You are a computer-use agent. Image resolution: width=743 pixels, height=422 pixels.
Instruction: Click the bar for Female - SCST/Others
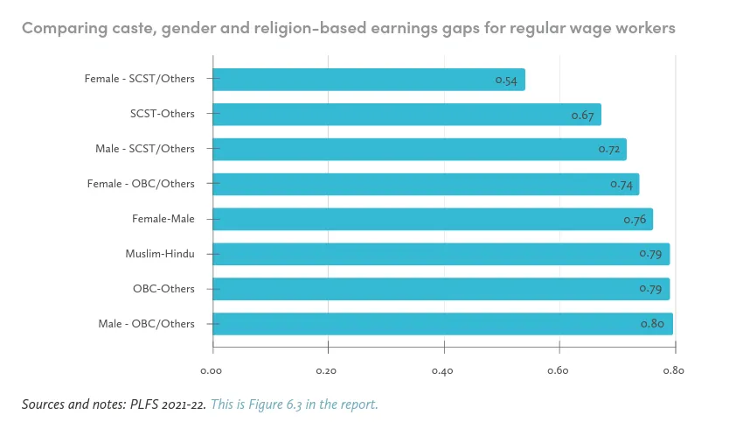pos(368,80)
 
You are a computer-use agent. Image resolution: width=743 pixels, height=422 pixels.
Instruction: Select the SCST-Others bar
pos(406,115)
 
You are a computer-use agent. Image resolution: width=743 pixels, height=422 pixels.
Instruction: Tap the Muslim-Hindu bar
pos(441,254)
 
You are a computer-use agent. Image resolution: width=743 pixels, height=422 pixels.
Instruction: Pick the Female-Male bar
pos(432,219)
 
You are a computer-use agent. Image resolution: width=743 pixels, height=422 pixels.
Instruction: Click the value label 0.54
pos(505,81)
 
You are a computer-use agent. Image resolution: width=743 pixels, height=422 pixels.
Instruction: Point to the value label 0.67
pos(582,116)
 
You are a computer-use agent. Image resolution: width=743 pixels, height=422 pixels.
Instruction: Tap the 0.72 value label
pos(609,150)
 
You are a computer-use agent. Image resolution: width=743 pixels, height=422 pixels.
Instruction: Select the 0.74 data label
pos(621,185)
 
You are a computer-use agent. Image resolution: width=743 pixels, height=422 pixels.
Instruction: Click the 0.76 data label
pos(635,220)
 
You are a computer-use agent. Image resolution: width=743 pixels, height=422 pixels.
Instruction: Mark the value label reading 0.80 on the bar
pos(652,324)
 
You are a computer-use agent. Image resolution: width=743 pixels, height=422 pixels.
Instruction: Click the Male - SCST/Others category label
pos(145,149)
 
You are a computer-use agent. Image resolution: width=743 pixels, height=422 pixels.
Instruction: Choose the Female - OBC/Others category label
pos(141,184)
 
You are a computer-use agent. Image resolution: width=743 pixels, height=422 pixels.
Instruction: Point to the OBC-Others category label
pos(163,289)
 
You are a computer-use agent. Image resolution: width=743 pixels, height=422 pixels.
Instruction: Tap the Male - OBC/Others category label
pos(147,324)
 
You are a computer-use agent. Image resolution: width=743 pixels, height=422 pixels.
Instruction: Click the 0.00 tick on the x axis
pos(212,370)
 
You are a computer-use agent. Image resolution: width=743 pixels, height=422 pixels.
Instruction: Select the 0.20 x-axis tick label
pos(328,370)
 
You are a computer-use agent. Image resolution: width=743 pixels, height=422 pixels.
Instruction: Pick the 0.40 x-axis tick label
pos(443,370)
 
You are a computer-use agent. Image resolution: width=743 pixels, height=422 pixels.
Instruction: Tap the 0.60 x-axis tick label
pos(559,370)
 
